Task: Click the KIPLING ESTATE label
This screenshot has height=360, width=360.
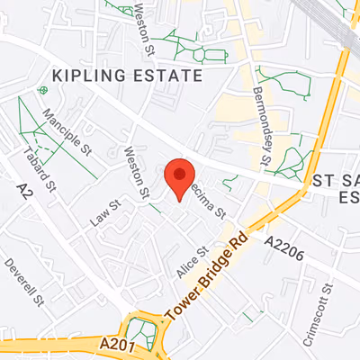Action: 126,75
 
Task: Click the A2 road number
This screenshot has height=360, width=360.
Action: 25,189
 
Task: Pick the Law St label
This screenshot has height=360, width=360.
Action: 104,212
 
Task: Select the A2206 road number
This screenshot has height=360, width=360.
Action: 283,244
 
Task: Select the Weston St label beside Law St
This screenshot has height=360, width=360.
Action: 138,173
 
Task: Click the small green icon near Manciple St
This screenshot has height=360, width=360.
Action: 42,90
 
